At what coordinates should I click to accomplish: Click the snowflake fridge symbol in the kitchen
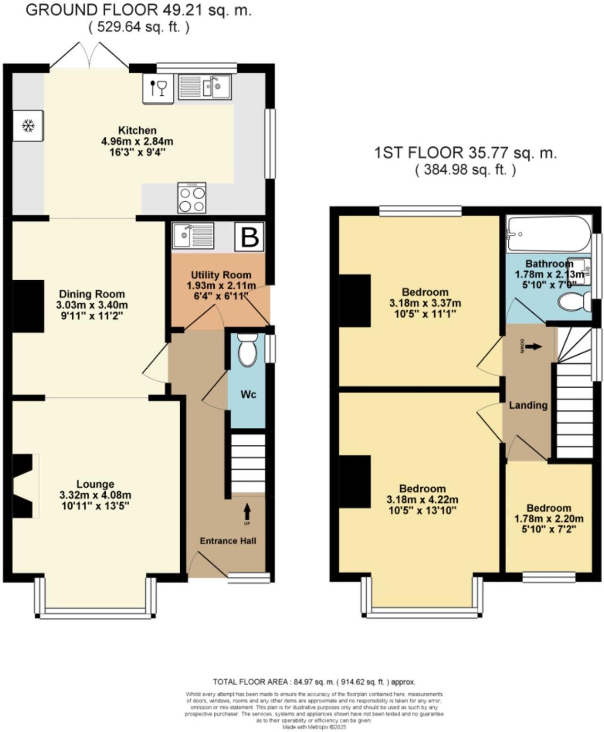pyautogui.click(x=29, y=126)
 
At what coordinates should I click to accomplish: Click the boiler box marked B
pyautogui.click(x=250, y=237)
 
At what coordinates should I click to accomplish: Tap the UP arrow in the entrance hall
pyautogui.click(x=247, y=513)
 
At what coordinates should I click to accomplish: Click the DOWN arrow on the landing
pyautogui.click(x=534, y=347)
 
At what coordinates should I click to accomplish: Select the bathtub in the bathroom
pyautogui.click(x=548, y=234)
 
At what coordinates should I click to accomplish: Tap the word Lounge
pyautogui.click(x=95, y=484)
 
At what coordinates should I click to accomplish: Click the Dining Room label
pyautogui.click(x=92, y=294)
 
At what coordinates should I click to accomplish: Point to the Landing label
pyautogui.click(x=528, y=405)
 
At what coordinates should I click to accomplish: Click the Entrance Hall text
pyautogui.click(x=228, y=541)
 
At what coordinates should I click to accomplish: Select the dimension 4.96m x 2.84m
pyautogui.click(x=137, y=141)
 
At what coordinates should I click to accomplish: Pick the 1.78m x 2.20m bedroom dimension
pyautogui.click(x=548, y=519)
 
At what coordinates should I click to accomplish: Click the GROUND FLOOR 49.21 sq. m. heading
pyautogui.click(x=138, y=10)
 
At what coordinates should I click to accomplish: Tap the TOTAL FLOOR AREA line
pyautogui.click(x=314, y=682)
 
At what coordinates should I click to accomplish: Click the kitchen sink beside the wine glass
pyautogui.click(x=205, y=87)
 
